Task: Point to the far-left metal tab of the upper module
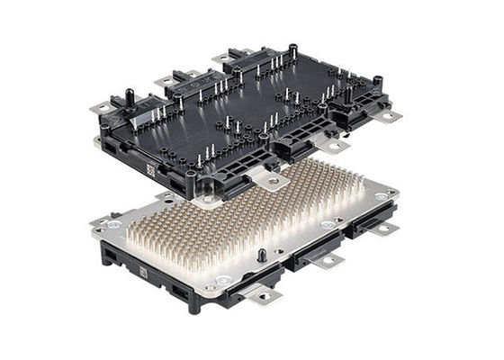(x=103, y=109)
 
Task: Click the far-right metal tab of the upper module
(x=389, y=115)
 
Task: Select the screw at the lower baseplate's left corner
(x=112, y=222)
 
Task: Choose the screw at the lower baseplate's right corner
(x=383, y=195)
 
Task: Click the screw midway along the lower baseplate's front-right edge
(x=326, y=225)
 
